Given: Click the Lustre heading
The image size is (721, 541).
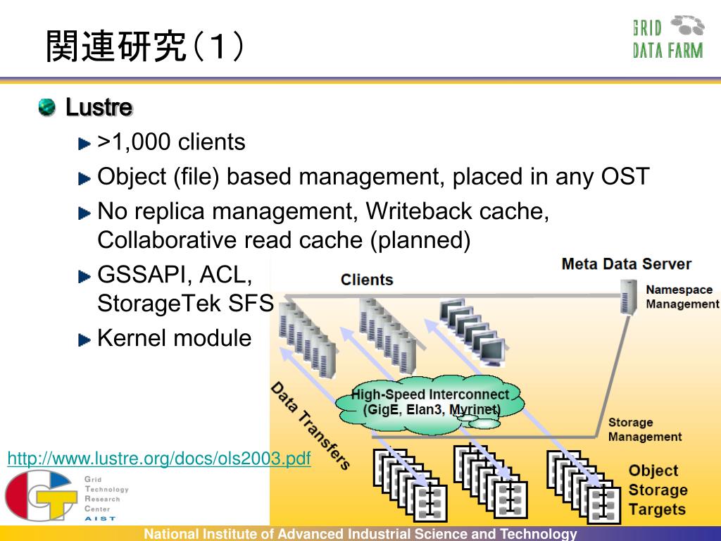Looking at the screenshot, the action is pyautogui.click(x=99, y=107).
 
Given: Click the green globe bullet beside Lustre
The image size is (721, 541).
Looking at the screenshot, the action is pyautogui.click(x=47, y=107).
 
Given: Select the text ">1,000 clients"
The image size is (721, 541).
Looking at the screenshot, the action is pyautogui.click(x=171, y=142).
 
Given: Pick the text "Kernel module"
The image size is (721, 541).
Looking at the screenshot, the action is pyautogui.click(x=175, y=338).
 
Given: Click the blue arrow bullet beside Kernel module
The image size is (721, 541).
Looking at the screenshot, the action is pyautogui.click(x=84, y=340).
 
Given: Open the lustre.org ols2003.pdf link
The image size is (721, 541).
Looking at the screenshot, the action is pyautogui.click(x=159, y=458).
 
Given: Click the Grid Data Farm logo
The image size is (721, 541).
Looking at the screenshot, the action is pyautogui.click(x=668, y=37).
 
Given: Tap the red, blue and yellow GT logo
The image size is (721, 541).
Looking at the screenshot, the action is pyautogui.click(x=40, y=495).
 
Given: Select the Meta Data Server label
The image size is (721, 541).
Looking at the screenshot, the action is pyautogui.click(x=626, y=264).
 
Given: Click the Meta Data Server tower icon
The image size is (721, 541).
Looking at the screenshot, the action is pyautogui.click(x=629, y=297).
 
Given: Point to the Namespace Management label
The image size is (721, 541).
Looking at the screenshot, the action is pyautogui.click(x=682, y=297).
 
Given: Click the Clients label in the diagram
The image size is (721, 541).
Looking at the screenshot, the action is pyautogui.click(x=367, y=280).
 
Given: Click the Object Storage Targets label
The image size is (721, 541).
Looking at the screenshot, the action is pyautogui.click(x=658, y=490).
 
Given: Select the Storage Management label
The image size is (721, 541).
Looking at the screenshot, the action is pyautogui.click(x=645, y=429).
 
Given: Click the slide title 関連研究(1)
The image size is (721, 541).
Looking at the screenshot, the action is pyautogui.click(x=144, y=46).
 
